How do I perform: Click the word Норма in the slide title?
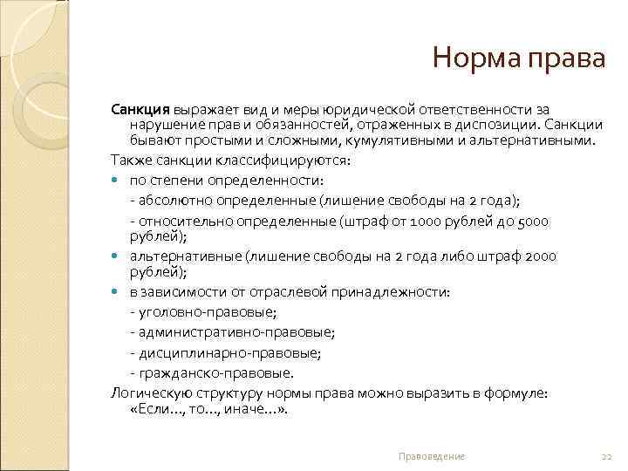[476, 60]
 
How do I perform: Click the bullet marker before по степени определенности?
[117, 181]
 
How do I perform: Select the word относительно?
[174, 222]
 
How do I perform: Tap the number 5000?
[533, 222]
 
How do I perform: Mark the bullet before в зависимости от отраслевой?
[117, 292]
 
